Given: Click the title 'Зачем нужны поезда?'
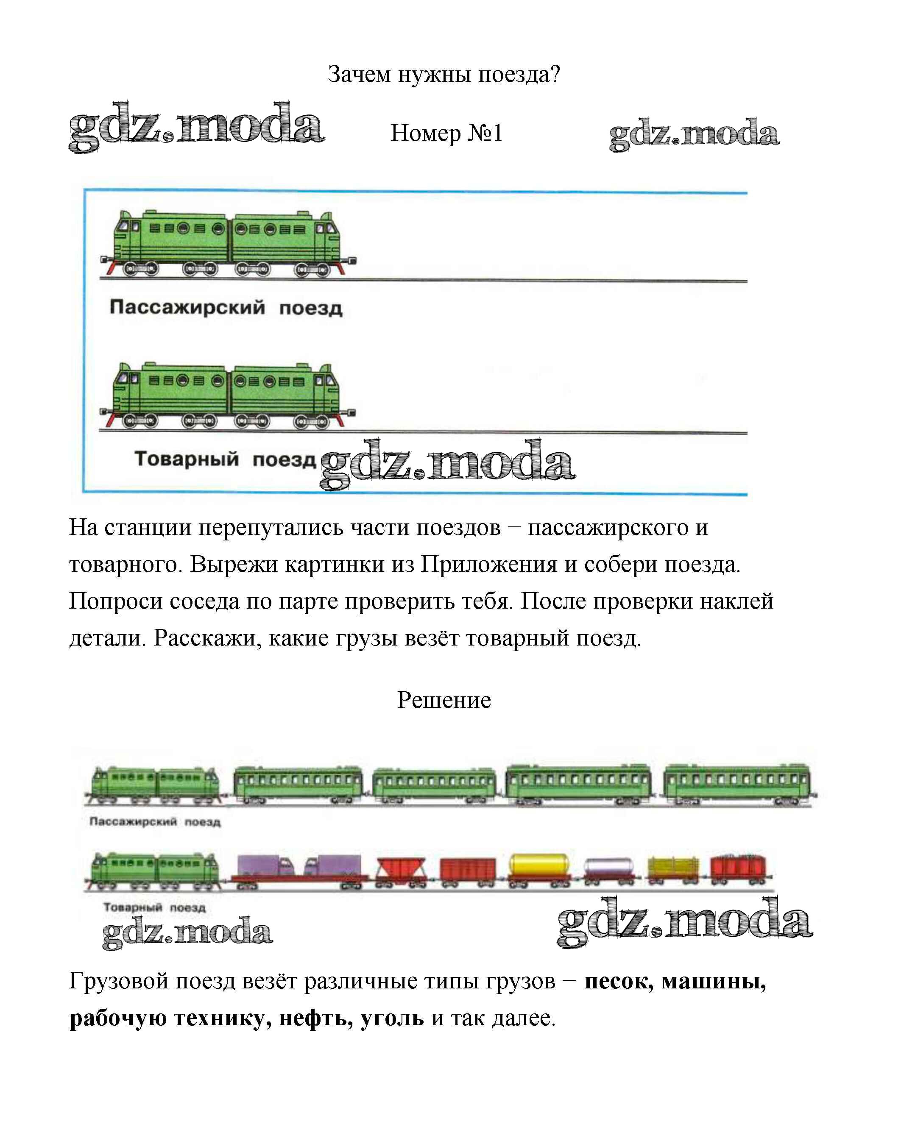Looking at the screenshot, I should coord(444,74).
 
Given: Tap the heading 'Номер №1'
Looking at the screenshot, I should coord(446,133).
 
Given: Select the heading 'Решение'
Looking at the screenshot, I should coord(444,700).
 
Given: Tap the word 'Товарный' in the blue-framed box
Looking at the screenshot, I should coord(187,459).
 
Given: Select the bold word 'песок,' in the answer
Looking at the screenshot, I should coord(619,981).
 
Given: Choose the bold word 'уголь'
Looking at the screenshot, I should coord(392,1018).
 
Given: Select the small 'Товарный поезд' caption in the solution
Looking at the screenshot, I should coord(154,907).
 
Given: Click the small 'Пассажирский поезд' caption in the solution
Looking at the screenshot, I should coord(155,821).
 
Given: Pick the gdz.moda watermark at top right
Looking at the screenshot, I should coord(694,134).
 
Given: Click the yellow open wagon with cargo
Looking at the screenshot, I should coord(672,870).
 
